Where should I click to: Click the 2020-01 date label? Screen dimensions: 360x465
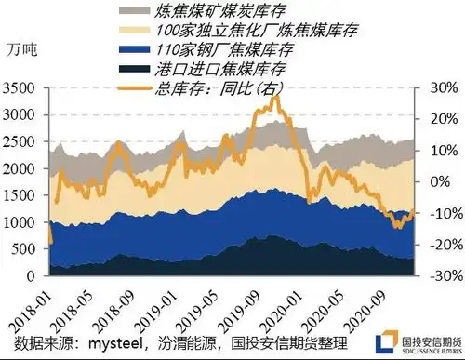click(285, 302)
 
